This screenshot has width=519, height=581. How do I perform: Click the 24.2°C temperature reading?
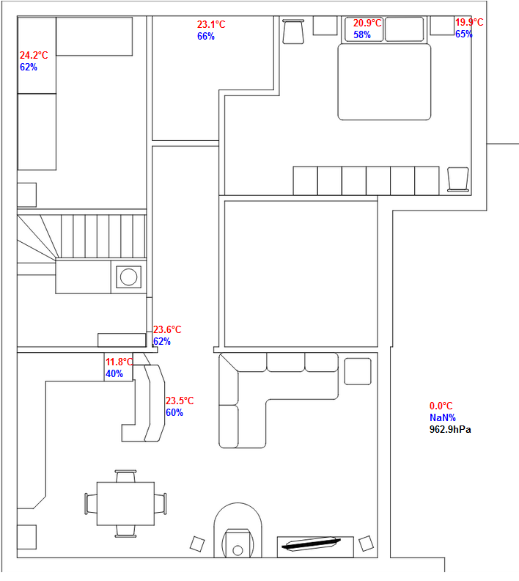[x=34, y=55]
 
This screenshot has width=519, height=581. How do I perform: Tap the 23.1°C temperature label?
[x=211, y=24]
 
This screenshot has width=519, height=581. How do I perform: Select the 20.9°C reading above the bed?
[x=367, y=23]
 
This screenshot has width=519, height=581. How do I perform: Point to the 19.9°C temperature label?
[x=469, y=23]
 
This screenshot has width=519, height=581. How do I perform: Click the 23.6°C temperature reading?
[x=166, y=330]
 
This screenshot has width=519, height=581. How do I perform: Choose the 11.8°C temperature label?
[x=119, y=362]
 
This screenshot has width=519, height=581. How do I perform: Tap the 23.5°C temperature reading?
[x=179, y=401]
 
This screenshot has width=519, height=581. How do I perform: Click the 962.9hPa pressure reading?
[x=450, y=429]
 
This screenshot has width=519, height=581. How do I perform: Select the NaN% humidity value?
[x=443, y=417]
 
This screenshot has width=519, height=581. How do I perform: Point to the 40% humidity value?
[x=114, y=373]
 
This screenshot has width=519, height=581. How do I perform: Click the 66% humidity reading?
[x=206, y=36]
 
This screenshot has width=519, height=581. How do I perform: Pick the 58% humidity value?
[x=361, y=34]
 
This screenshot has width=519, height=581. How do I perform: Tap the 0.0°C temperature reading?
[x=441, y=406]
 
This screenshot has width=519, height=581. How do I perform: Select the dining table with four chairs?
[x=125, y=503]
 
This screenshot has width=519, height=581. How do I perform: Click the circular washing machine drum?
[x=129, y=277]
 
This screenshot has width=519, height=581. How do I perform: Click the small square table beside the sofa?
[x=358, y=370]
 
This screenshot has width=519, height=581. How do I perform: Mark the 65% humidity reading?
[x=463, y=34]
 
